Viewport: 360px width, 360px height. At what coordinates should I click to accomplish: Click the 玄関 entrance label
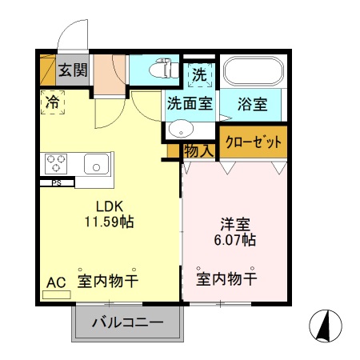click(73, 70)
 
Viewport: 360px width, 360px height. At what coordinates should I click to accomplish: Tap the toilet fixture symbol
click(165, 70)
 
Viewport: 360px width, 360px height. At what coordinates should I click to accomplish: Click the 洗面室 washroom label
click(190, 104)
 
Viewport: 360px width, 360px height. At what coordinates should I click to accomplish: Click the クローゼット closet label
click(254, 142)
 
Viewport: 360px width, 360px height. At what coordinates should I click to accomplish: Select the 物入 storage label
click(198, 150)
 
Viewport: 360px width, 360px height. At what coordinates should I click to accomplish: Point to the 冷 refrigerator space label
click(52, 102)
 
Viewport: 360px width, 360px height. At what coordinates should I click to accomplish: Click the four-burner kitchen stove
click(57, 164)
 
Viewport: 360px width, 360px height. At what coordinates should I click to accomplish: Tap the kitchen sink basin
click(96, 165)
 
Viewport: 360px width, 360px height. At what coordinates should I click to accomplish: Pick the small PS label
click(57, 182)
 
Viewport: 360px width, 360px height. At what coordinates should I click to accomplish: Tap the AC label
click(54, 282)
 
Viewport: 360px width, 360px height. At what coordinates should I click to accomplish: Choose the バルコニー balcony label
click(127, 324)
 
